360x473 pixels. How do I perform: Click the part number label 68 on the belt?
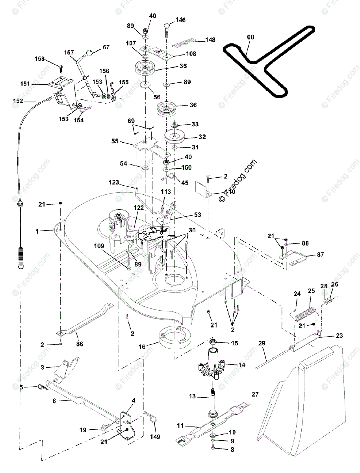tap(251, 37)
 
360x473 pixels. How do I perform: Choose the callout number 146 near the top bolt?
tap(180, 20)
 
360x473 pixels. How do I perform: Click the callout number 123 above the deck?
tap(115, 182)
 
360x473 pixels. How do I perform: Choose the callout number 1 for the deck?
tap(37, 232)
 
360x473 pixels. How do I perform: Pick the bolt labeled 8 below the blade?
tap(213, 448)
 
